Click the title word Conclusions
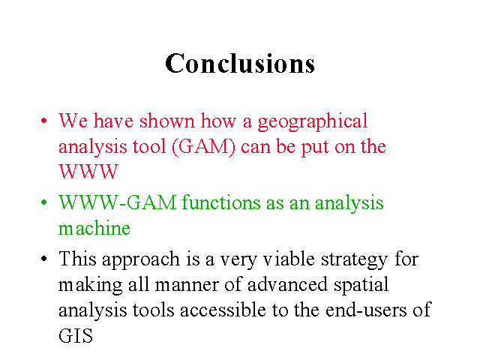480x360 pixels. tap(240, 63)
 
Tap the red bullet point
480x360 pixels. tap(44, 120)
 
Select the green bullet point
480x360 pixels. tap(44, 202)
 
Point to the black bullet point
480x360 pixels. tap(44, 259)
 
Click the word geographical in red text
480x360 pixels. tap(313, 121)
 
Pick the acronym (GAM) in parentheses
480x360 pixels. tap(203, 147)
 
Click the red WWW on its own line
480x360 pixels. tap(88, 172)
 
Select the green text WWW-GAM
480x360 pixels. tap(118, 202)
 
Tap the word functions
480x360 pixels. tap(221, 202)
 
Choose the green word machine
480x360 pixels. tap(94, 228)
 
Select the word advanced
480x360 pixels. tap(287, 284)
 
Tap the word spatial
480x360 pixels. tap(361, 286)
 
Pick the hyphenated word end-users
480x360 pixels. tap(366, 310)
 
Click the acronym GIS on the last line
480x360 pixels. tap(76, 336)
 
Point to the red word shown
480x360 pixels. tap(167, 121)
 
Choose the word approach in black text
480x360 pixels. tap(141, 260)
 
